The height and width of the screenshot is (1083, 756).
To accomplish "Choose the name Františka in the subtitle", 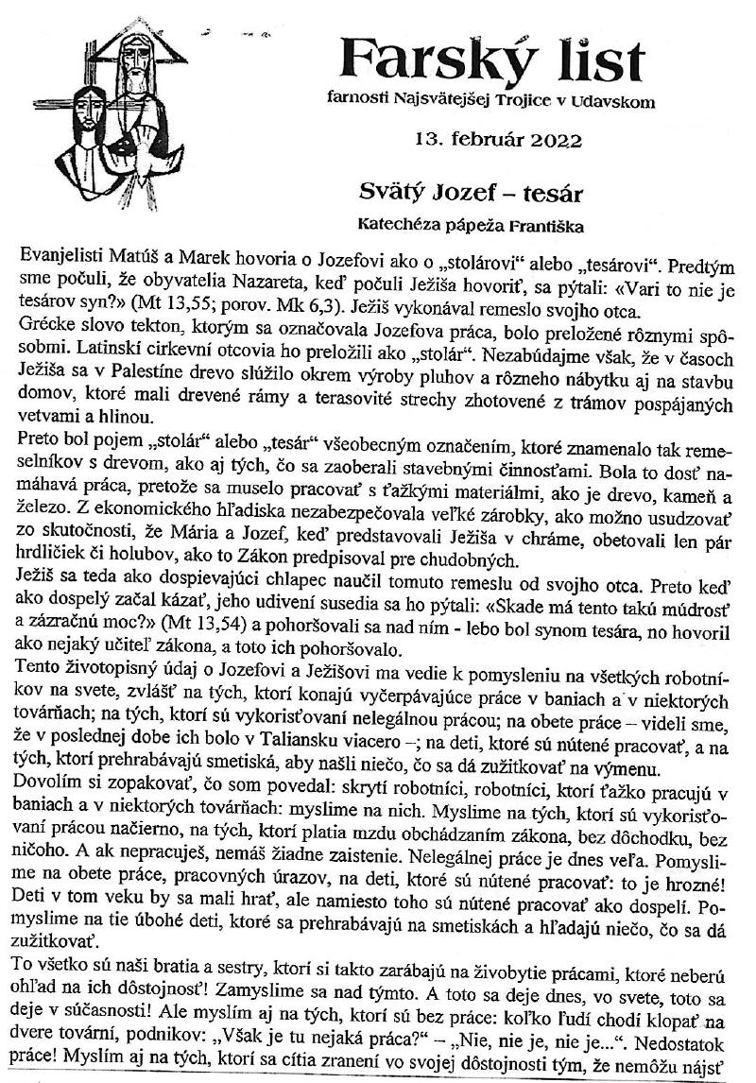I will coord(544,225).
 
